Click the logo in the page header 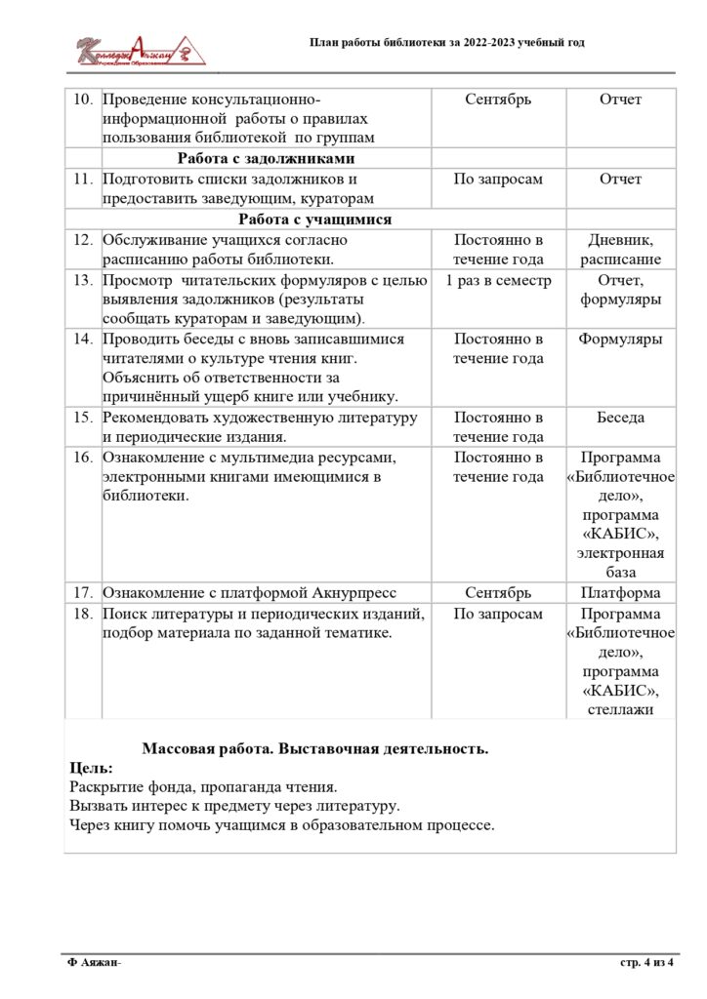point(143,50)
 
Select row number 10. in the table point(82,100)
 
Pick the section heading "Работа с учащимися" point(315,220)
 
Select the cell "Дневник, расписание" point(620,250)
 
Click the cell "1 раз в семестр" point(498,280)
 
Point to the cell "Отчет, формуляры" point(620,290)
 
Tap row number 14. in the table point(82,340)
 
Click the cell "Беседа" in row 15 point(620,418)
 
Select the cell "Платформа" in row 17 point(620,593)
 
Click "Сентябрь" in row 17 point(498,593)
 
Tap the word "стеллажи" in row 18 point(620,710)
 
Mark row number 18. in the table point(82,614)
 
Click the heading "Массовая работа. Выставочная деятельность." point(314,749)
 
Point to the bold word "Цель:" point(92,768)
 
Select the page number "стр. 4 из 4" point(647,963)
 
